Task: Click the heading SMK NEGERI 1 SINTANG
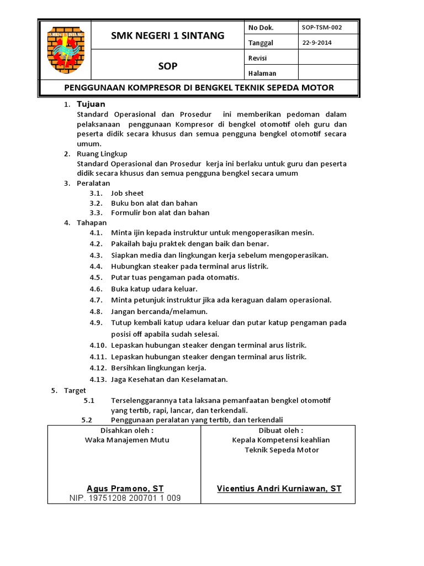(x=168, y=36)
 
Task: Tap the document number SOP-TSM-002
(x=322, y=27)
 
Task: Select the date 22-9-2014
(x=317, y=43)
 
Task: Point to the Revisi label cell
(x=257, y=57)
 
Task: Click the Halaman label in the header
(x=262, y=73)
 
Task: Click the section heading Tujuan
(x=91, y=104)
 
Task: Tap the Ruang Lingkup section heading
(x=102, y=154)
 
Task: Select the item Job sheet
(x=128, y=193)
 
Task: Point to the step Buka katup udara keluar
(x=154, y=289)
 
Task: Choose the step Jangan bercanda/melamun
(x=159, y=311)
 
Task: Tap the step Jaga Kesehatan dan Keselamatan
(x=169, y=379)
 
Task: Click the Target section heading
(x=75, y=390)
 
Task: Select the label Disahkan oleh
(x=126, y=431)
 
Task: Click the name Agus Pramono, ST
(x=125, y=489)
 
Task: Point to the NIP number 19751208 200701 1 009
(x=125, y=498)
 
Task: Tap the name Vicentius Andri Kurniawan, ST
(x=279, y=489)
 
